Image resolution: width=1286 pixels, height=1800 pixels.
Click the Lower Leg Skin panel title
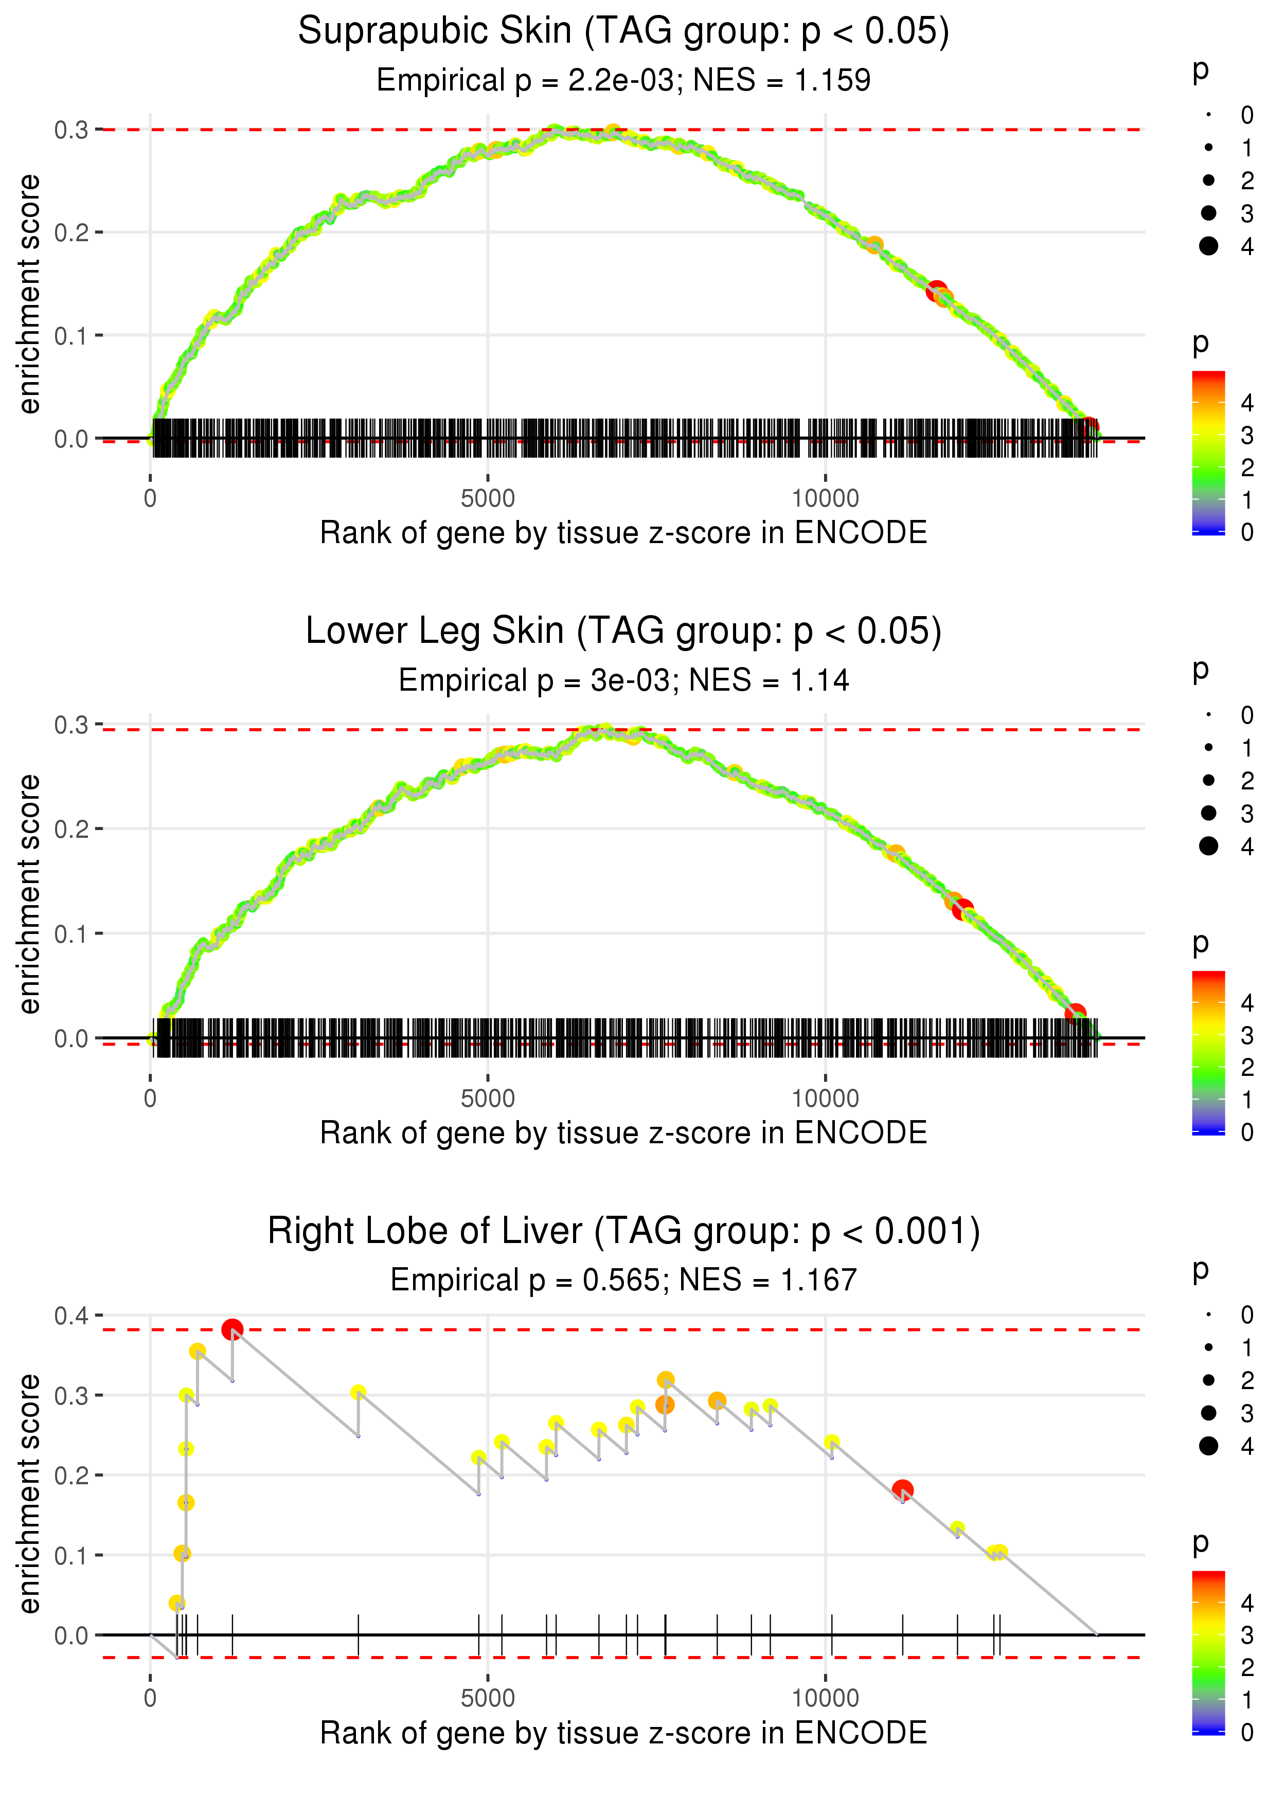(x=623, y=632)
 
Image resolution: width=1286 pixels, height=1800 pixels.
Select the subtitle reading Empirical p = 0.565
(x=623, y=1280)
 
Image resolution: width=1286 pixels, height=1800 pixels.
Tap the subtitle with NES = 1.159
(x=623, y=80)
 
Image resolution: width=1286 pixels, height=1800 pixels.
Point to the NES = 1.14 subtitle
(x=623, y=680)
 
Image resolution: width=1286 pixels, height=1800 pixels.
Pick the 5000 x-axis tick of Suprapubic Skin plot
(x=488, y=499)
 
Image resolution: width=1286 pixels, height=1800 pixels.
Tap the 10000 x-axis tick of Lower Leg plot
(x=825, y=1099)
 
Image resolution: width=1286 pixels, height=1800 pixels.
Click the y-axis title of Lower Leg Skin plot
(x=29, y=894)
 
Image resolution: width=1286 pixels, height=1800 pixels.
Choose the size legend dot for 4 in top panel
(x=1208, y=246)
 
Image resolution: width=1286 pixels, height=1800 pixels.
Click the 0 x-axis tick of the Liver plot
(x=150, y=1699)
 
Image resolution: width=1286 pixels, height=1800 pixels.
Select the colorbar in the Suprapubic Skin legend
(x=1208, y=453)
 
